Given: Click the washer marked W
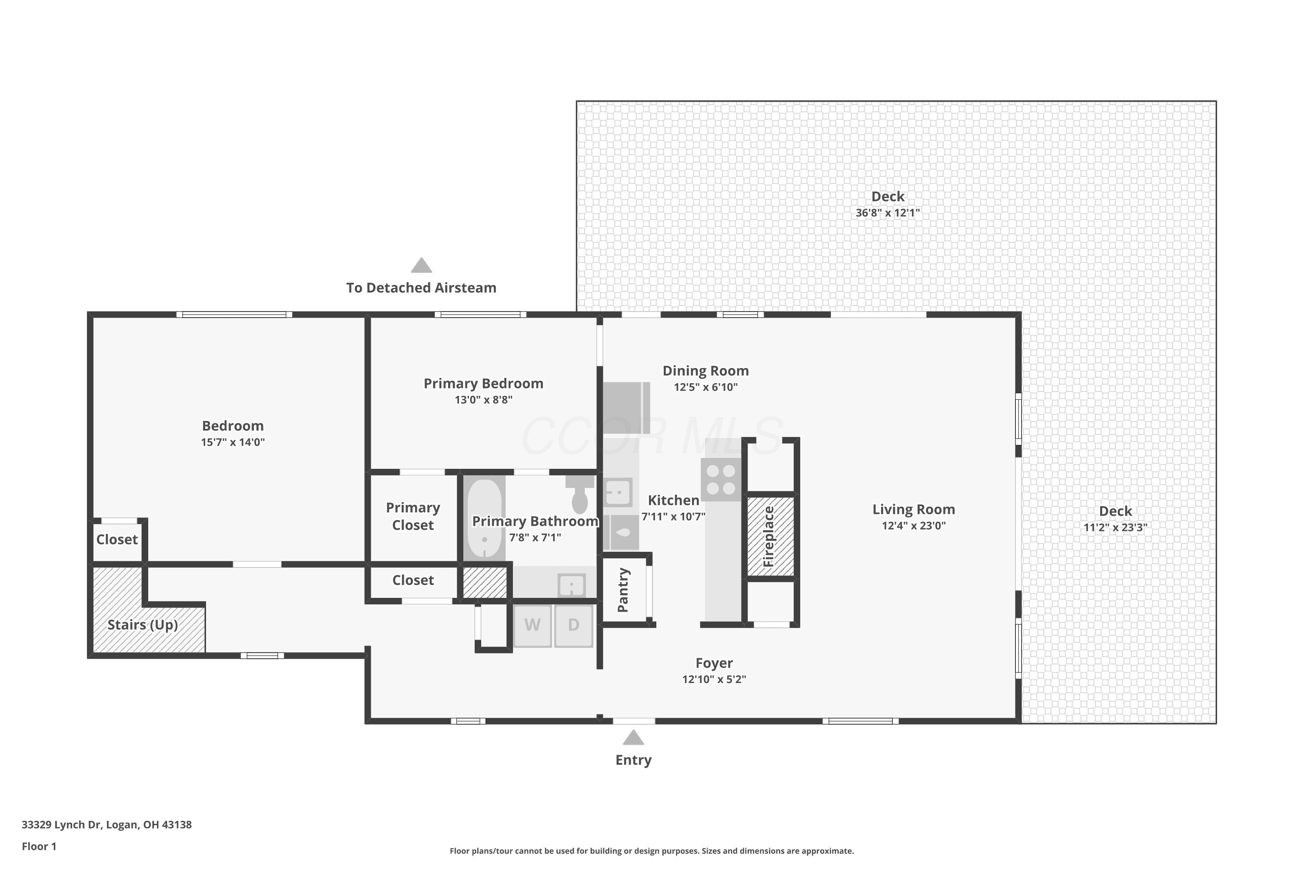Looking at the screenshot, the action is coord(532,626).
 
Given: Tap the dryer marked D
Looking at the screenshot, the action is coord(574,626).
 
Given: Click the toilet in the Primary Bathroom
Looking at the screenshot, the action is coord(579,494).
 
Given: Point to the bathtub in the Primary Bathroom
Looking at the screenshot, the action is coord(485,519).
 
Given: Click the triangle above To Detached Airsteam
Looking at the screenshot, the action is coord(421,265).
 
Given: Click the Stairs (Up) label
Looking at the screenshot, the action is coord(143,625).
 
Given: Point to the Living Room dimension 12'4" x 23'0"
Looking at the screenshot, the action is coord(914,525).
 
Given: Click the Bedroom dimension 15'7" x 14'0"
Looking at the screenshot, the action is coord(233,442).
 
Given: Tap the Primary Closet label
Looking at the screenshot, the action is coord(413,516).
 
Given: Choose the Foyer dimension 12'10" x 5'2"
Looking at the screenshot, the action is coord(714,680).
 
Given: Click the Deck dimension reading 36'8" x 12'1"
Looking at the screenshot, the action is coord(888,213).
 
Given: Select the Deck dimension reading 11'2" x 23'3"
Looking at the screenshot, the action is coord(1115,527).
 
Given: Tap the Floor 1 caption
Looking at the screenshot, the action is coord(39,846).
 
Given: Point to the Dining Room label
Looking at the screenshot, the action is coord(706,371).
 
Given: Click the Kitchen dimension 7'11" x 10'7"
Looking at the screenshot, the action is coord(674,517).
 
